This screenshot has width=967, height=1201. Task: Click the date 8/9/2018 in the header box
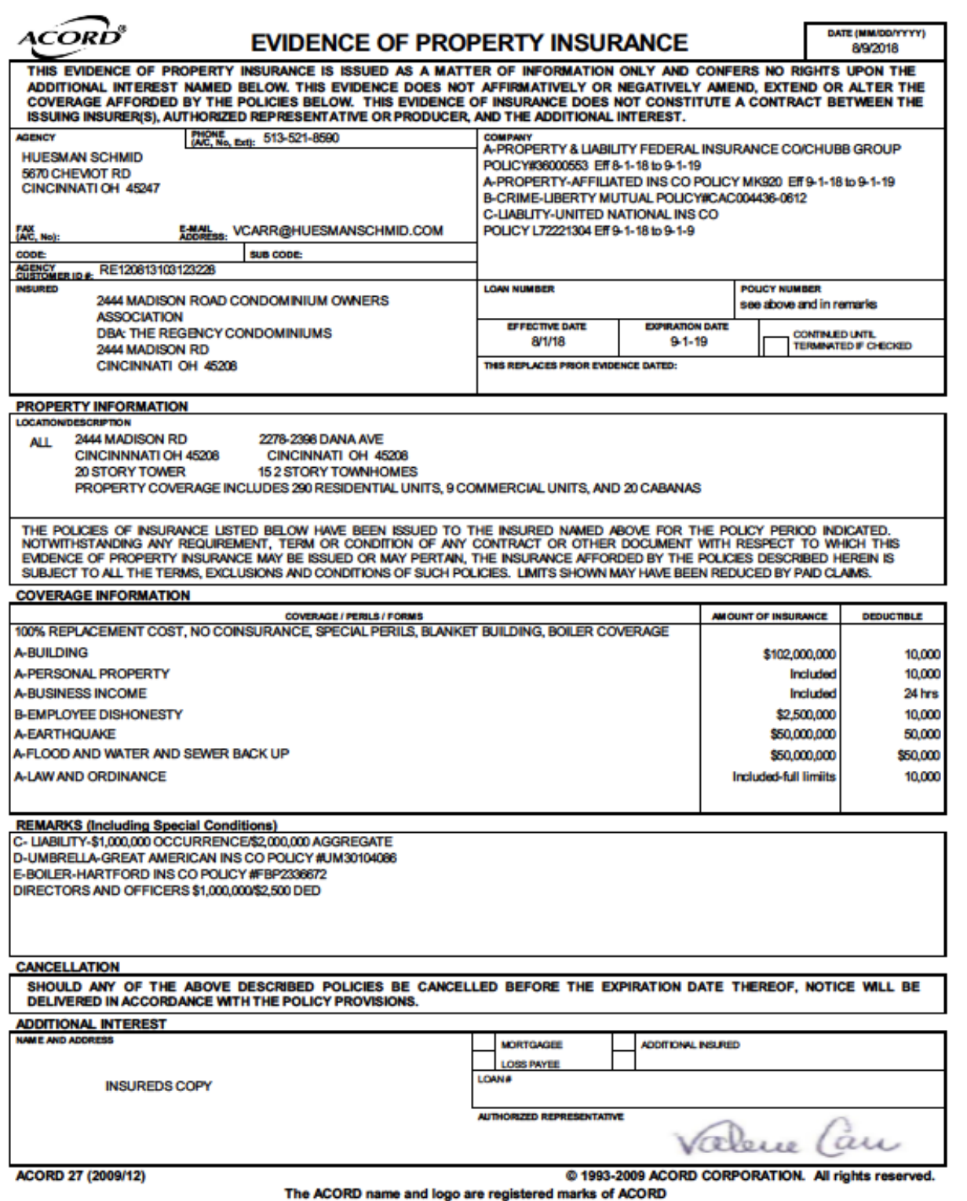pos(876,49)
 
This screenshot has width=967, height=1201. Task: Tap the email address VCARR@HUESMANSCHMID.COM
pos(338,231)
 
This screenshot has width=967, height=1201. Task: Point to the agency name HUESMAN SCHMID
pos(82,157)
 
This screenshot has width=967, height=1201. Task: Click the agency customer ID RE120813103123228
pos(158,271)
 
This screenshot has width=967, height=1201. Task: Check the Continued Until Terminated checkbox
pos(775,346)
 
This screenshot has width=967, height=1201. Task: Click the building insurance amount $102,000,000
pos(794,655)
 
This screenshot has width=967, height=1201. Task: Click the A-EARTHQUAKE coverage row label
pos(64,735)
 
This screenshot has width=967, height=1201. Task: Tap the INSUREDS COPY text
pos(159,1086)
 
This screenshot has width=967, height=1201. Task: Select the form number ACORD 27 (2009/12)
pos(81,1176)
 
